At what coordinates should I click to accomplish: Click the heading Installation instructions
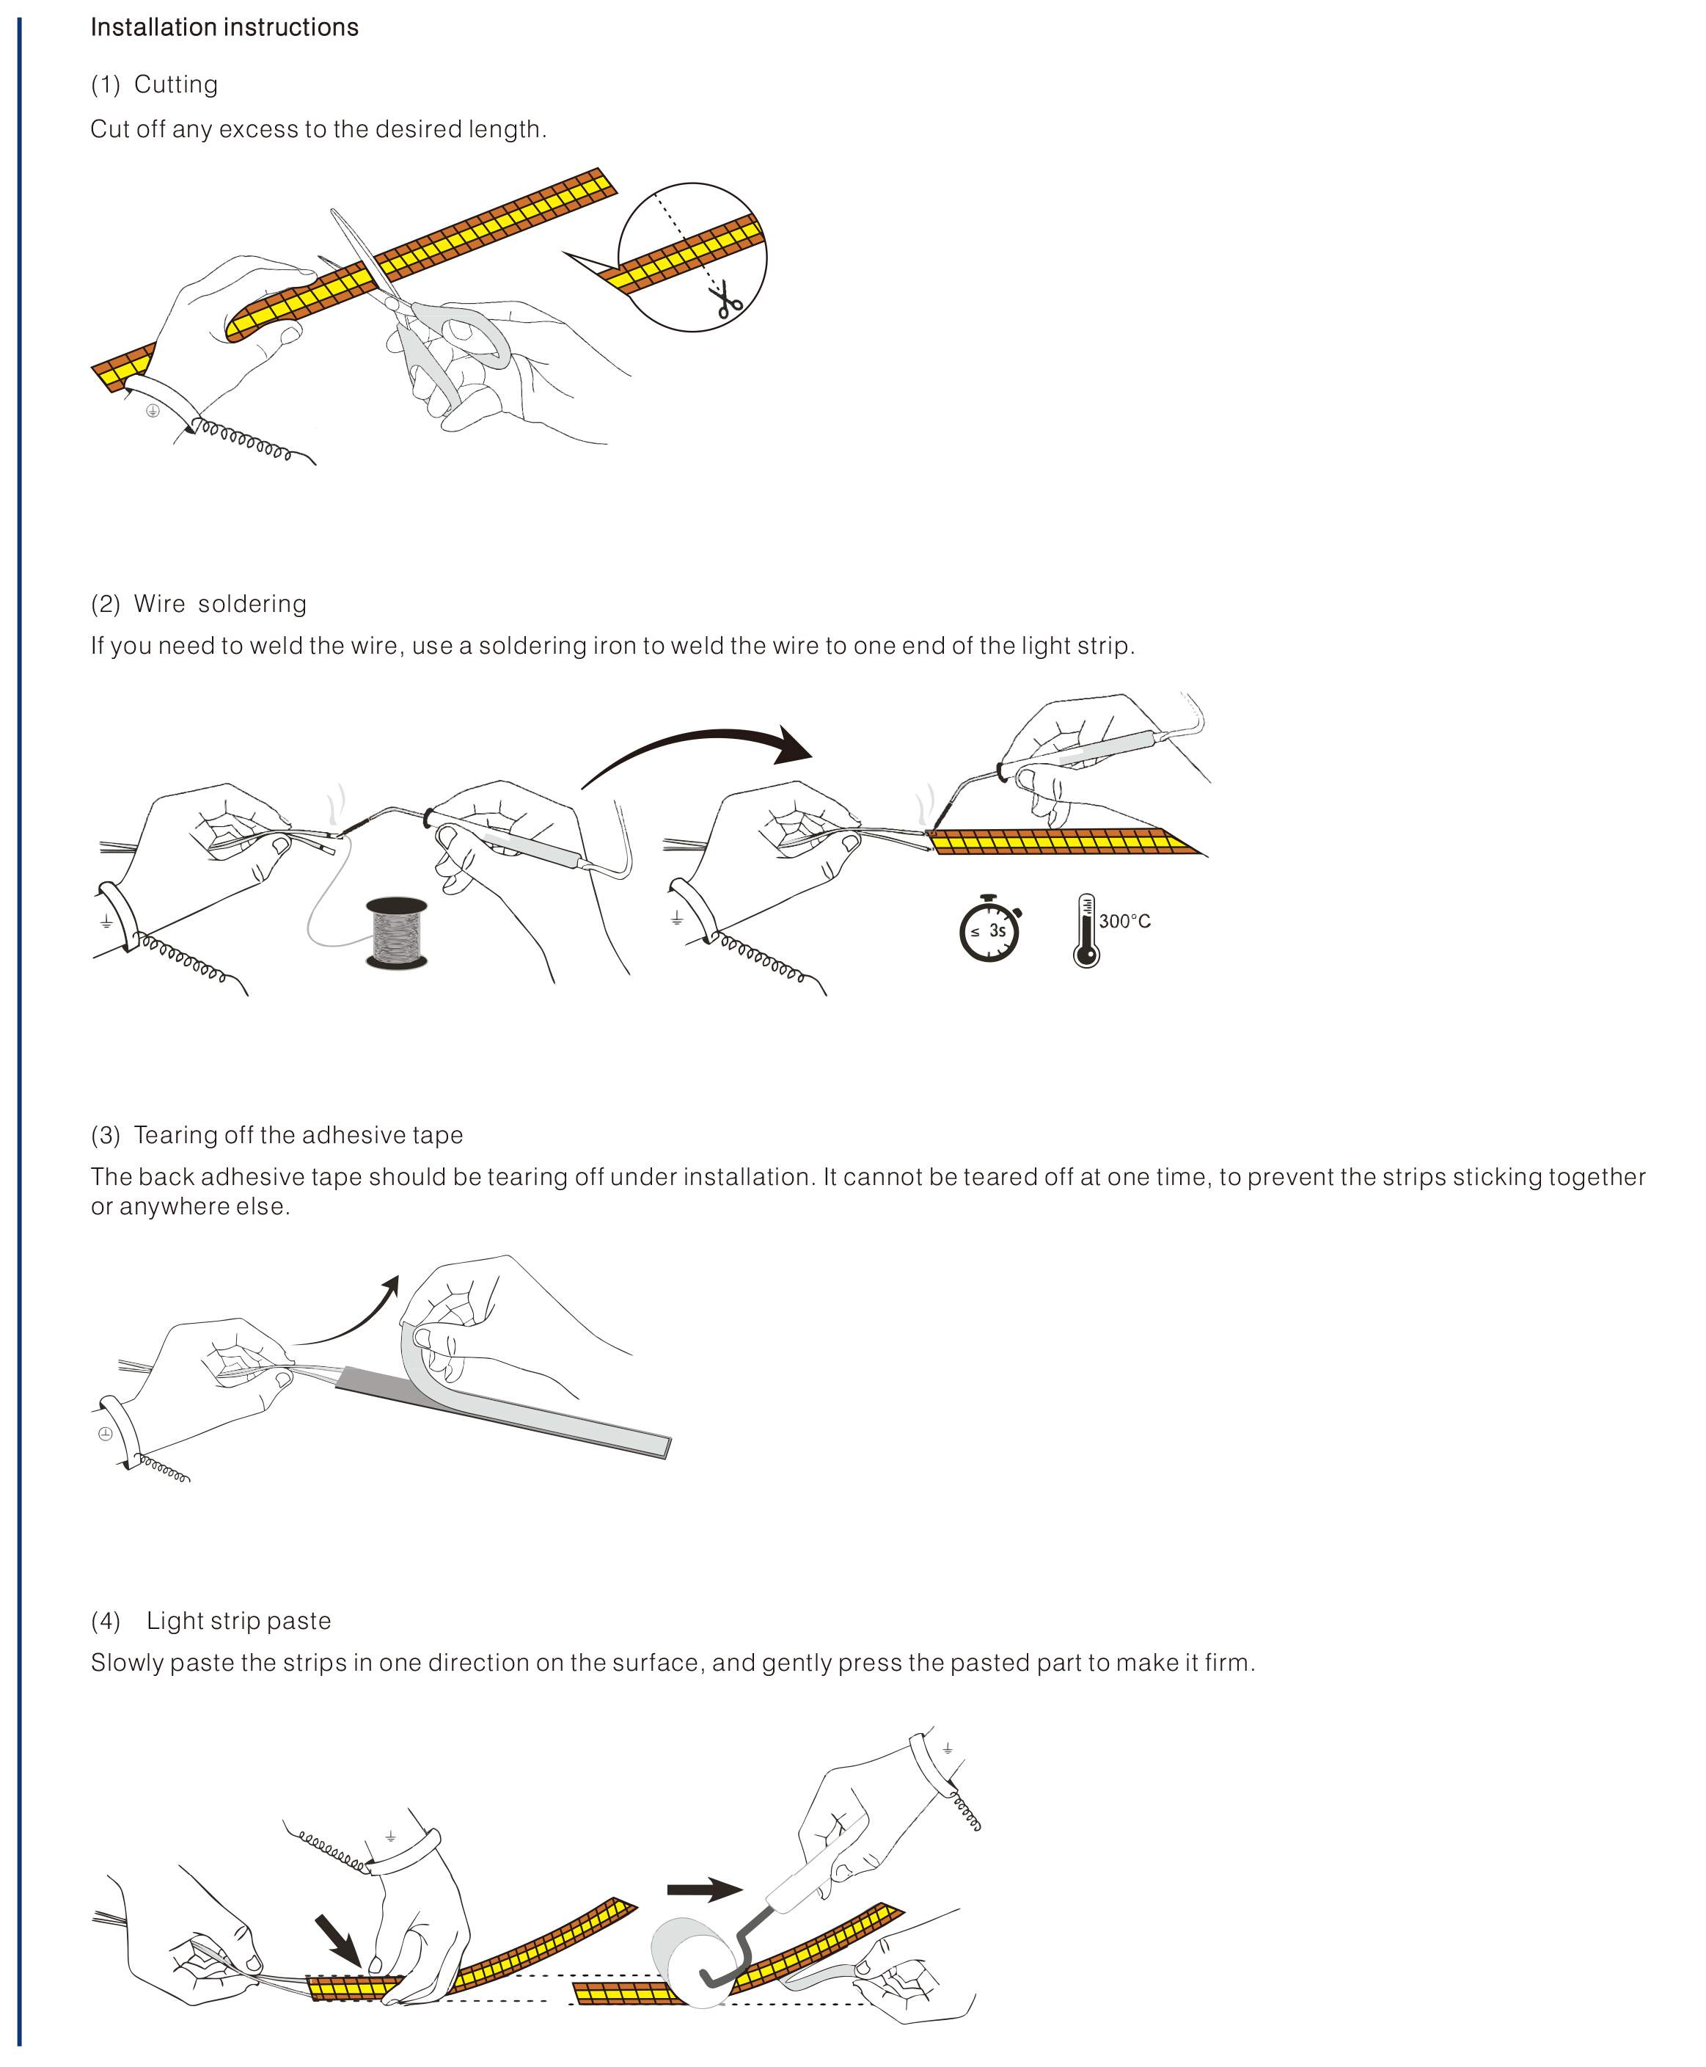(224, 28)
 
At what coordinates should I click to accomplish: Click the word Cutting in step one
(176, 84)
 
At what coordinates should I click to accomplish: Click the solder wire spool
(396, 932)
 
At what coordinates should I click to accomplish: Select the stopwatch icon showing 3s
(989, 929)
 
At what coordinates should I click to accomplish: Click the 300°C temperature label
(1124, 921)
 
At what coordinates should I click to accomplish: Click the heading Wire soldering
(219, 603)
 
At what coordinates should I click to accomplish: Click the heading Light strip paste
(239, 1621)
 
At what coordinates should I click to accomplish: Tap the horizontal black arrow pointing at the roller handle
(703, 1889)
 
